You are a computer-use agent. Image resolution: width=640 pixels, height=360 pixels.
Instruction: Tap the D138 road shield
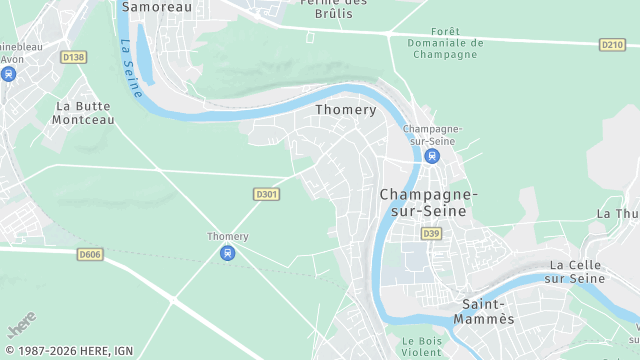[x=73, y=58]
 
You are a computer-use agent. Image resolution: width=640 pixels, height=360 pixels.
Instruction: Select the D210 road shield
[x=612, y=45]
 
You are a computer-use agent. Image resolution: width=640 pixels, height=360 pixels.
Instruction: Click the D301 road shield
[x=266, y=194]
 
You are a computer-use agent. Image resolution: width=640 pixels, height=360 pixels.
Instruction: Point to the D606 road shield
[x=90, y=255]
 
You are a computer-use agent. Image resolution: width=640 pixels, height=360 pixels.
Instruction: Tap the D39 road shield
[x=431, y=233]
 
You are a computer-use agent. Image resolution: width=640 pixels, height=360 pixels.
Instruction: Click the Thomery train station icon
[x=228, y=253]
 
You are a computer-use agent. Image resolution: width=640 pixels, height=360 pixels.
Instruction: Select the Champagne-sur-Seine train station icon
[x=432, y=157]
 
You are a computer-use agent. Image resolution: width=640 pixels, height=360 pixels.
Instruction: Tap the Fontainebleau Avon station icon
[x=9, y=74]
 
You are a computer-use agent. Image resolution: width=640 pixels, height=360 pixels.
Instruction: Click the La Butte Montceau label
[x=85, y=112]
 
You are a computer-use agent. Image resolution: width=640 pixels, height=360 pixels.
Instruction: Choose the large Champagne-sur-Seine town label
[x=429, y=202]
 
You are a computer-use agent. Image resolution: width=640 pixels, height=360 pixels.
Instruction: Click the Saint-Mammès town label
[x=487, y=311]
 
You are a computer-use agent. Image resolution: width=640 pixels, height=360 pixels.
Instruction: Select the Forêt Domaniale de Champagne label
[x=446, y=43]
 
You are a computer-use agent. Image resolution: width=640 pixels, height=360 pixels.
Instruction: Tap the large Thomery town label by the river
[x=346, y=110]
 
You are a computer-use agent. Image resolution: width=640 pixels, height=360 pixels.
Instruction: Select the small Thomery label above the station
[x=227, y=236]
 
